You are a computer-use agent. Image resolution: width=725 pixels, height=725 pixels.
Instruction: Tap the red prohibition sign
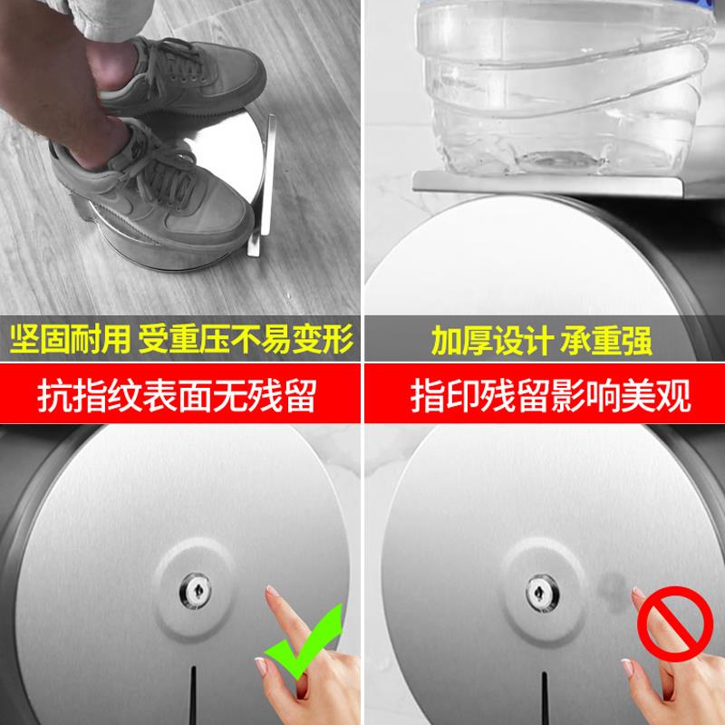663,624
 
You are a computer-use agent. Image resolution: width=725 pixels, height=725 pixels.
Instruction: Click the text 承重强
609,343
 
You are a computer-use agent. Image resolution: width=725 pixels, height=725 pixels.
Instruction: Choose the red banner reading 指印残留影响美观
544,395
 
